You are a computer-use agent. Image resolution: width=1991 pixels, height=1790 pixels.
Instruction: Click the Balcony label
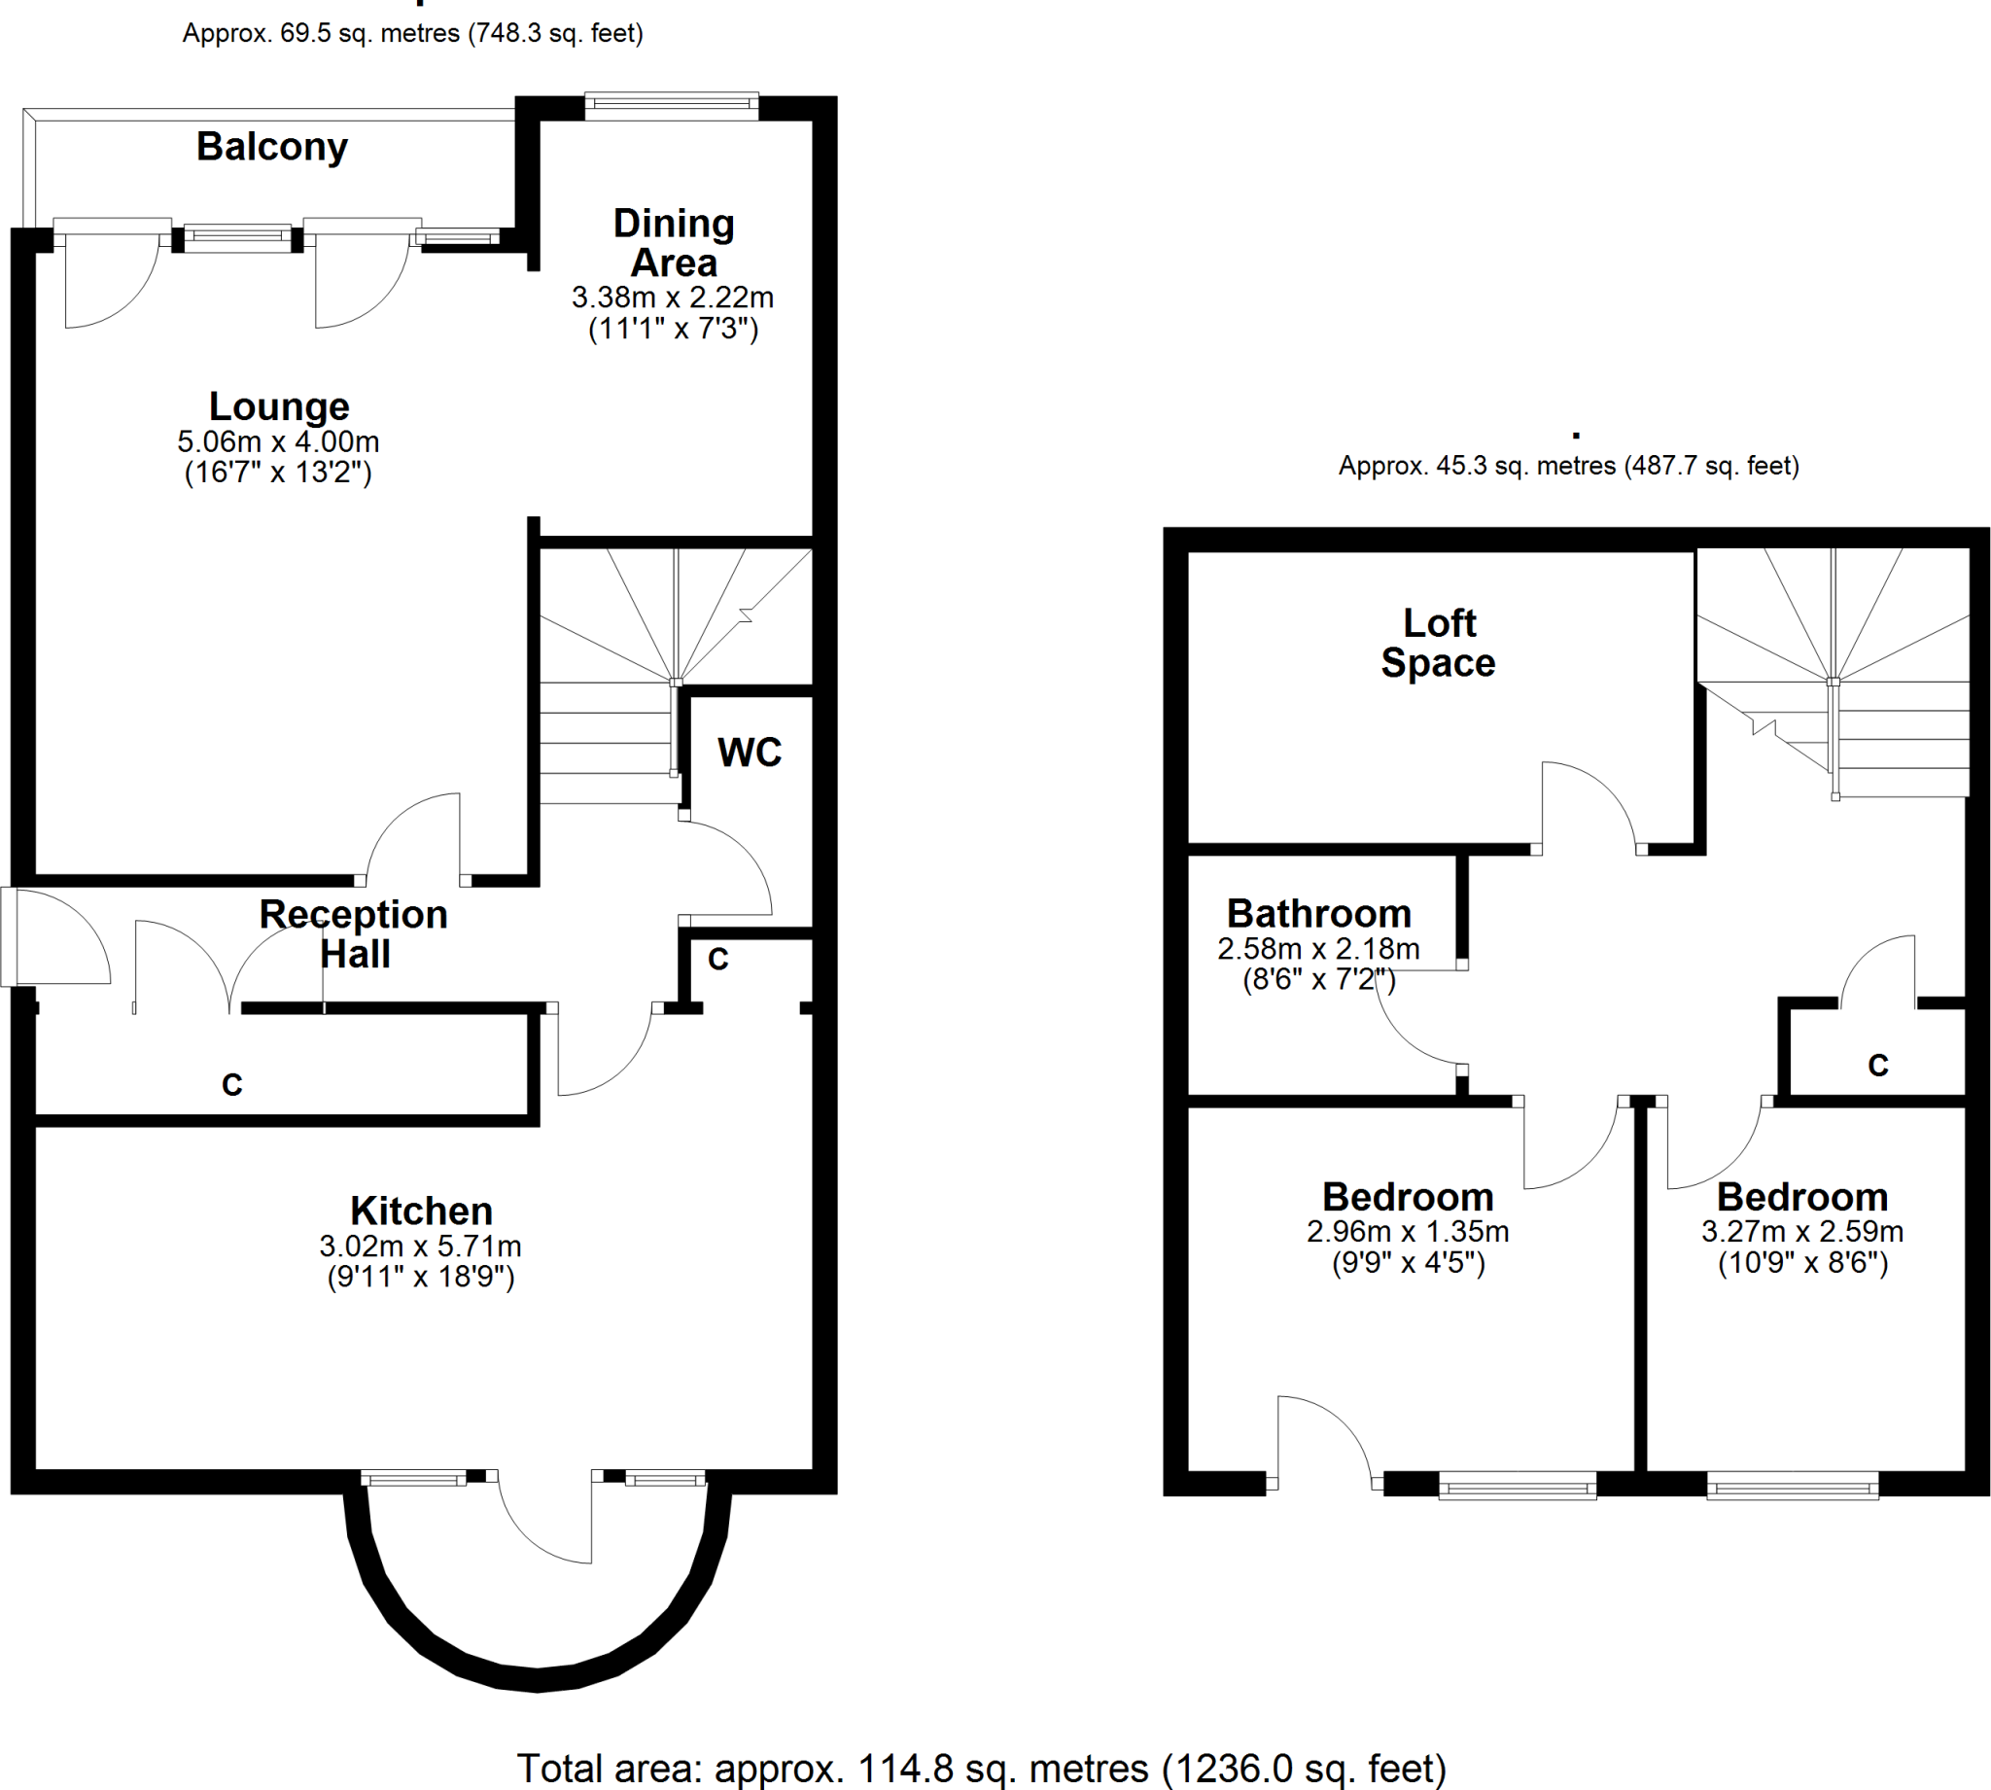pos(272,148)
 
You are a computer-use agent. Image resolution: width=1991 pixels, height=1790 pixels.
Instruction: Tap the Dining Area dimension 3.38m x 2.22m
pos(673,297)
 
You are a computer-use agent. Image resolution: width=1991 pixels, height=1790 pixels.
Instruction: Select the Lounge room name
pos(279,406)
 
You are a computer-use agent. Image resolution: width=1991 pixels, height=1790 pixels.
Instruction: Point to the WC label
pos(750,753)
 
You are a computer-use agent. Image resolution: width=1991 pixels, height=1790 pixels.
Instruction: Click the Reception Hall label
pos(354,934)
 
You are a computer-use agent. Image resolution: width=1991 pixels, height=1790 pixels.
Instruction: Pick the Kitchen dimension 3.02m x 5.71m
pos(420,1246)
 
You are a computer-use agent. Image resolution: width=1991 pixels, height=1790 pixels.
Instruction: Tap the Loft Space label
pos(1439,644)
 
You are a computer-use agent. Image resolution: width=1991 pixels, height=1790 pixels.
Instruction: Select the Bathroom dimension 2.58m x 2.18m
pos(1318,949)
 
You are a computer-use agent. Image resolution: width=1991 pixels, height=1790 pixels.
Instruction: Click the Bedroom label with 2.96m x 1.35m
pos(1408,1197)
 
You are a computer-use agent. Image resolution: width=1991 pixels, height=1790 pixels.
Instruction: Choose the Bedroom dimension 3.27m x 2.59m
pos(1802,1231)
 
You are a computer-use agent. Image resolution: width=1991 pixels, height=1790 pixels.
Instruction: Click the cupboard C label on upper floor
pos(1878,1065)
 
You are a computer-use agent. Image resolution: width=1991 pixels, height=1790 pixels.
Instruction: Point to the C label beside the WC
pos(717,959)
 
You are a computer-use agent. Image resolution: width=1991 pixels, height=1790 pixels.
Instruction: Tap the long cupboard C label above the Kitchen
pos(232,1085)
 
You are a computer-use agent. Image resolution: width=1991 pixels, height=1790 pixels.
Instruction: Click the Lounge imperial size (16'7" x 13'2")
pos(278,474)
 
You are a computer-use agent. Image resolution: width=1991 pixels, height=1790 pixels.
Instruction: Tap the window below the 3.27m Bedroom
pos(1793,1486)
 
